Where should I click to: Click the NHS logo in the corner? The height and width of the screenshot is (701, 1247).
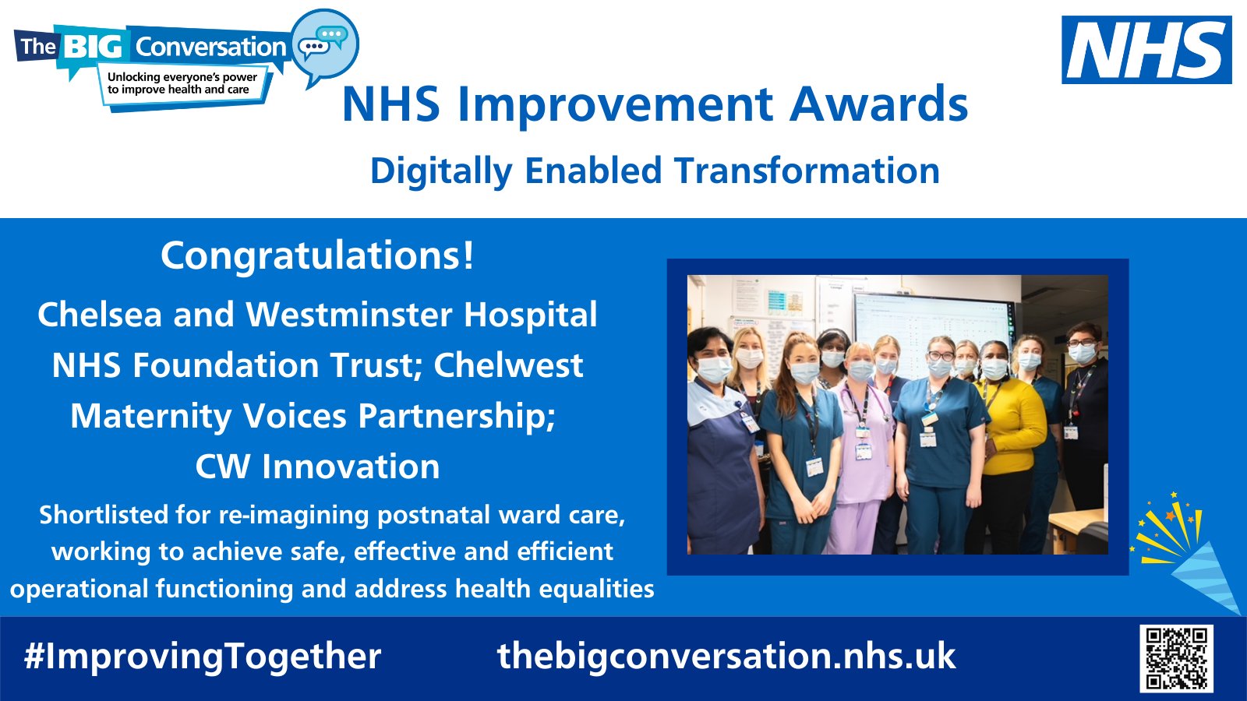click(1146, 50)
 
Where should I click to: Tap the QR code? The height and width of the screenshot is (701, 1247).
click(1176, 657)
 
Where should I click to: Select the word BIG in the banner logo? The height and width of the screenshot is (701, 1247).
click(93, 47)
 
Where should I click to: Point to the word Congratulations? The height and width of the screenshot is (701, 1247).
click(317, 255)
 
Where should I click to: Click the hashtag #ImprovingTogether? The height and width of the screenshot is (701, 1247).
click(203, 656)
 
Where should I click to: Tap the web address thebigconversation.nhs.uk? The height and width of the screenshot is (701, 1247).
click(726, 656)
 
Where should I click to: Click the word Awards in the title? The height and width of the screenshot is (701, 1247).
click(878, 104)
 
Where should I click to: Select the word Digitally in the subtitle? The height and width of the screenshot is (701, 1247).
click(440, 171)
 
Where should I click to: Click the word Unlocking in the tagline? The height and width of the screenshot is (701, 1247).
click(133, 77)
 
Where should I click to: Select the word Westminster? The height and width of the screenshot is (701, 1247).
click(349, 315)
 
